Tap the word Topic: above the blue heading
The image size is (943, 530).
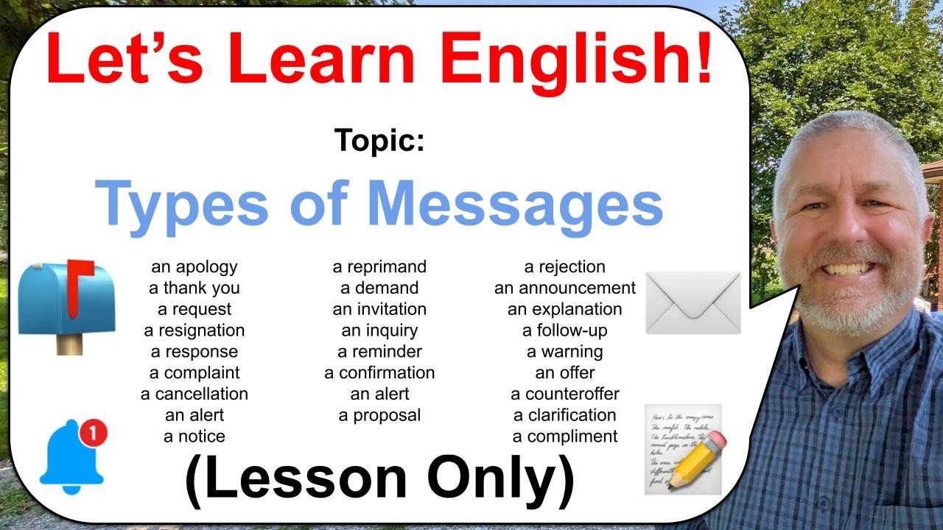[x=379, y=140]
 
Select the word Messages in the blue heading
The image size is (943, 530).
[x=515, y=205]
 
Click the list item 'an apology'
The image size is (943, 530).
[x=194, y=267]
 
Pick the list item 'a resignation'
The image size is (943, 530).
[x=194, y=331]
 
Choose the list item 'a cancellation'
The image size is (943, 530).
[x=194, y=394]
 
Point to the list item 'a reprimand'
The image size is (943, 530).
[x=379, y=267]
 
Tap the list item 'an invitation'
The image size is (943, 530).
[x=379, y=309]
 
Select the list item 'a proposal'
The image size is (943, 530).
[x=379, y=416]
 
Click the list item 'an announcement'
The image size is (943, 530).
[x=565, y=288]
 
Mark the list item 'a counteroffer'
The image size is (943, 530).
[x=565, y=394]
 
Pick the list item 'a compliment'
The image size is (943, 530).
[x=565, y=437]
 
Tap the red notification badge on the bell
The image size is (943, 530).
[x=94, y=432]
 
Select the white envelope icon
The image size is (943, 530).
[x=693, y=303]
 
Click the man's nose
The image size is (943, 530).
[x=846, y=236]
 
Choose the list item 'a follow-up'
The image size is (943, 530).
[x=565, y=331]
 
